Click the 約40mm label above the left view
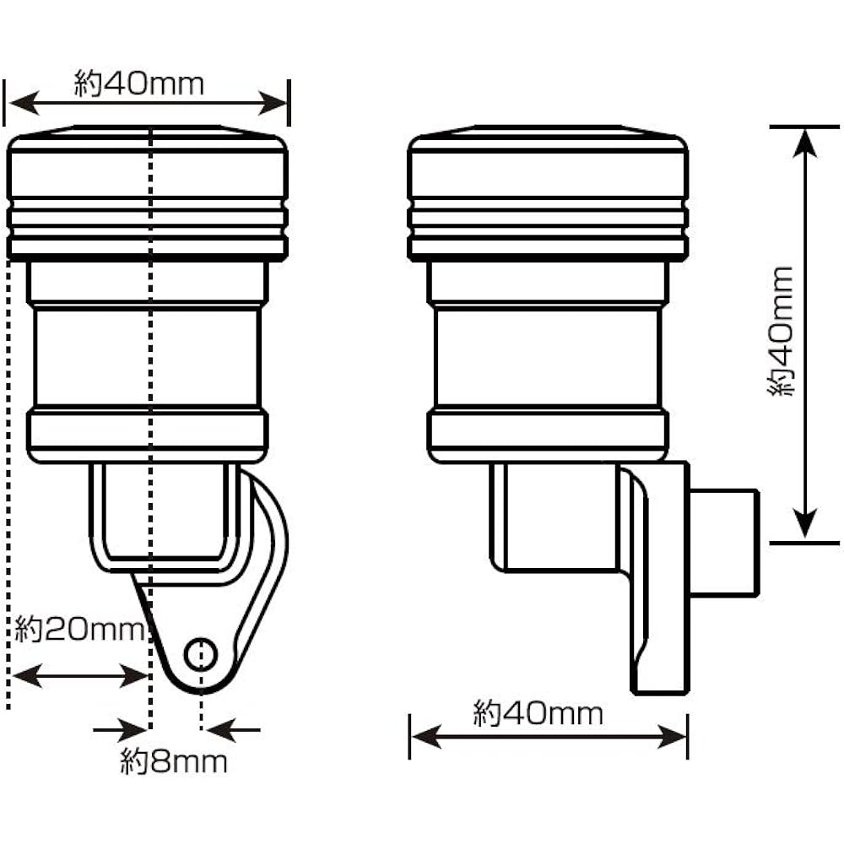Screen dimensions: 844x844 (x=139, y=84)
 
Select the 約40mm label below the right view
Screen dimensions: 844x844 (x=538, y=714)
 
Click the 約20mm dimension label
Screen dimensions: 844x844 (x=79, y=629)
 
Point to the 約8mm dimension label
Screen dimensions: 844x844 (x=173, y=762)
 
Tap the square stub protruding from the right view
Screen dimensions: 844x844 (x=724, y=542)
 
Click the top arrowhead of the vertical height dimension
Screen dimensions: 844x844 (x=804, y=143)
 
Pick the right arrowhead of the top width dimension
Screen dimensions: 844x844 (x=273, y=103)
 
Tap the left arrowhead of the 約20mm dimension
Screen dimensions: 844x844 (x=27, y=675)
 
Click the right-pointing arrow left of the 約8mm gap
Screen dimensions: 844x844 (x=120, y=730)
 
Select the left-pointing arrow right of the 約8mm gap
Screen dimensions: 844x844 (x=234, y=730)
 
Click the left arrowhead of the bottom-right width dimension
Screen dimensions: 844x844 (x=426, y=736)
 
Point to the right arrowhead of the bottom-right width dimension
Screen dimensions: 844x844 (x=671, y=736)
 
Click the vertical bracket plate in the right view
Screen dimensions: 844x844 (x=661, y=578)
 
